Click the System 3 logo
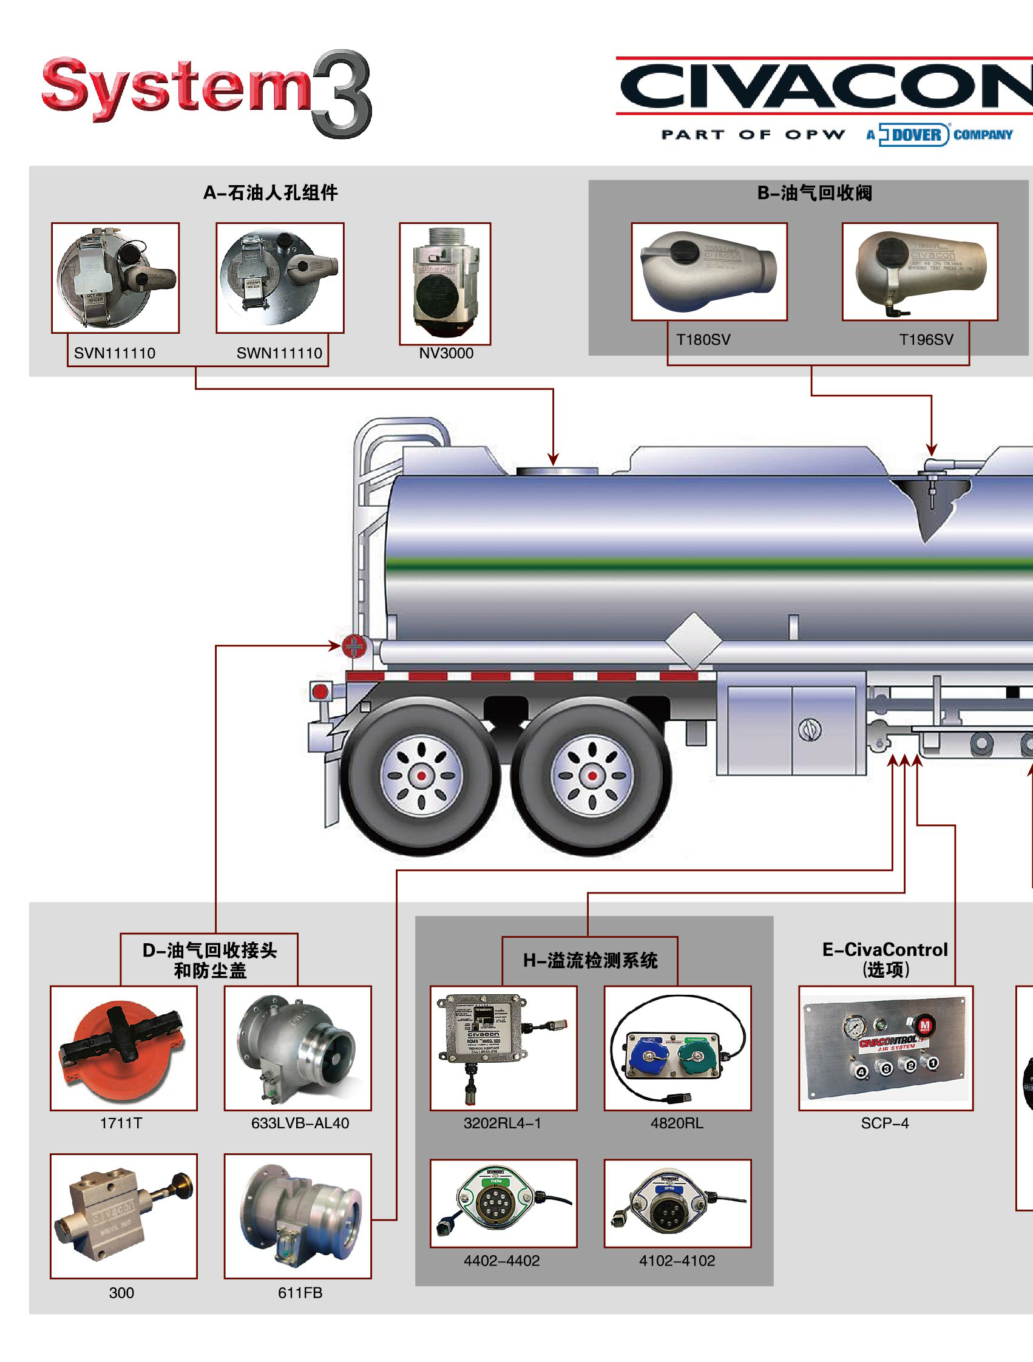click(206, 92)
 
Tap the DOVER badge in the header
click(915, 134)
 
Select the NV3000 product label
click(445, 353)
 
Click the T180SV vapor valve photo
click(708, 271)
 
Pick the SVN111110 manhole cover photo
click(115, 278)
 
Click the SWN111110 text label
click(279, 353)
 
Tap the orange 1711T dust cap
click(123, 1049)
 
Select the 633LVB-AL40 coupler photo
click(297, 1049)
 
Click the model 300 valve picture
click(123, 1216)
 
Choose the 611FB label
click(300, 1292)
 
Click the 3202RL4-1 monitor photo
click(503, 1049)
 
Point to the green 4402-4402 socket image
click(503, 1202)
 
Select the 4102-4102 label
click(677, 1261)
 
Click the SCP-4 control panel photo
click(886, 1049)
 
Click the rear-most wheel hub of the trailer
click(421, 775)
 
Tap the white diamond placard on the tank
click(693, 640)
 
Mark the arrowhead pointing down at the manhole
click(553, 459)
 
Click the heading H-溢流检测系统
click(590, 961)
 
